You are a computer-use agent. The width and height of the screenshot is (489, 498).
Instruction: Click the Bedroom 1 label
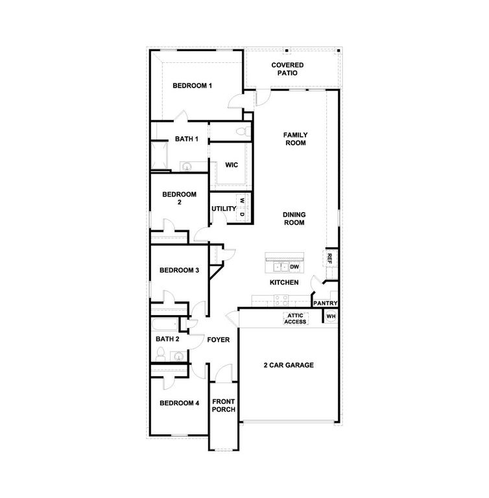click(192, 86)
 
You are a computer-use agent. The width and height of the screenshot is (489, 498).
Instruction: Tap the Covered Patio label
click(288, 69)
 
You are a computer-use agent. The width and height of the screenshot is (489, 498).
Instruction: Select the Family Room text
click(295, 139)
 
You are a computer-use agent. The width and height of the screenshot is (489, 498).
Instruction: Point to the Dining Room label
click(294, 219)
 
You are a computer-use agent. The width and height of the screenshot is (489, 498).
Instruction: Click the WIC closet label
click(232, 165)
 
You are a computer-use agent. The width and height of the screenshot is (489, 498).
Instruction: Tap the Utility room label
click(223, 209)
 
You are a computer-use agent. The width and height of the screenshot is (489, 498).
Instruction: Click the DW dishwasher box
click(294, 267)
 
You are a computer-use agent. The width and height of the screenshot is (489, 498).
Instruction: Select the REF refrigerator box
click(329, 258)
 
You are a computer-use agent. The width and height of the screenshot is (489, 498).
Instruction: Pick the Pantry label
click(325, 303)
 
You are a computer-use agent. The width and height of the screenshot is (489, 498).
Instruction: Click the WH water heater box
click(330, 316)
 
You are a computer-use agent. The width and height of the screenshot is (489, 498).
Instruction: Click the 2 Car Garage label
click(289, 365)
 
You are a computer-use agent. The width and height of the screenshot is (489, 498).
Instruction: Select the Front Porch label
click(223, 405)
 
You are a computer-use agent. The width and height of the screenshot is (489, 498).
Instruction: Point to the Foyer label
click(219, 339)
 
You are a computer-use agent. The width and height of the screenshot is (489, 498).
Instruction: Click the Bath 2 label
click(167, 338)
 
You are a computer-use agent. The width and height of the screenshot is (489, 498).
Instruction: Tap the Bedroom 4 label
click(179, 403)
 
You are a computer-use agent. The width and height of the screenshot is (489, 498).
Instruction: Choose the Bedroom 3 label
click(179, 270)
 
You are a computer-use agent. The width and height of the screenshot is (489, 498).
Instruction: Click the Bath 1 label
click(187, 139)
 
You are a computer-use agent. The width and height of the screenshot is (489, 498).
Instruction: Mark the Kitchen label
click(284, 283)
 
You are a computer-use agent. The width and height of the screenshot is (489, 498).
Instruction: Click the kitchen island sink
click(281, 266)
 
